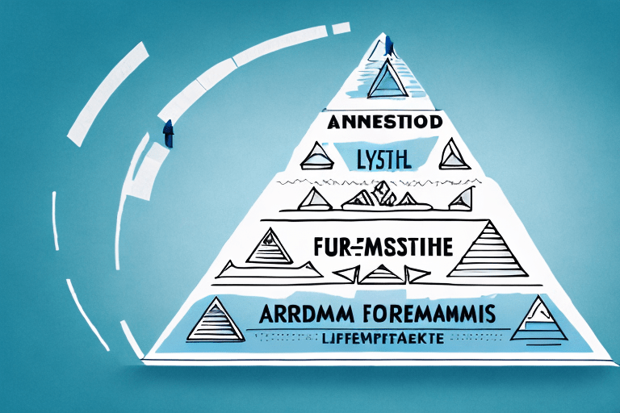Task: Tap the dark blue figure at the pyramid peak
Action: tap(388, 46)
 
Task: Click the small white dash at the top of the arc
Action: tap(340, 28)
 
